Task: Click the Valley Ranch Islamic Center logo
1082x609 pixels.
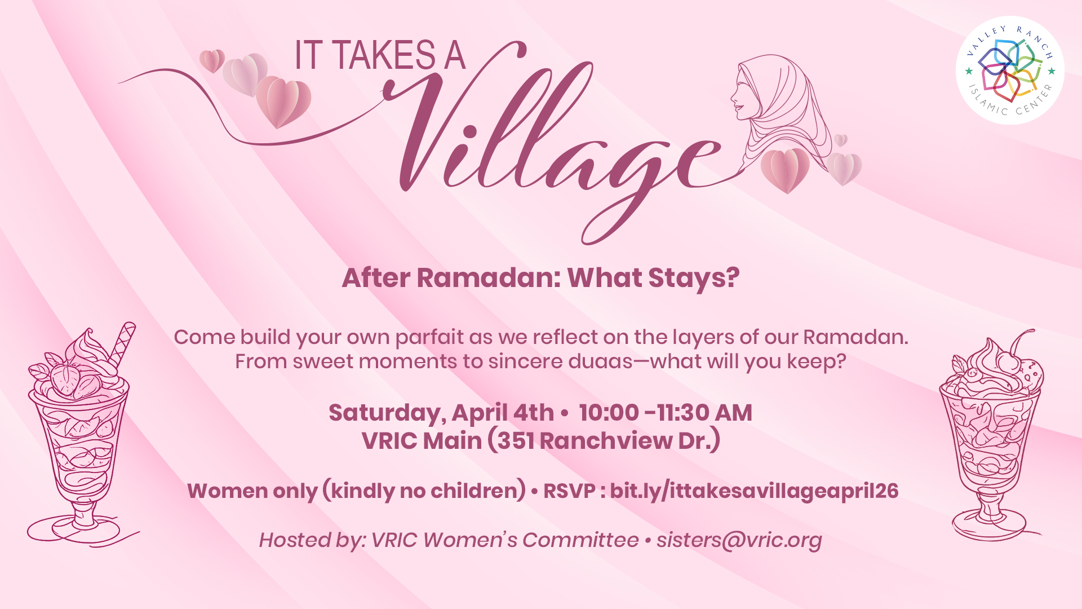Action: [1010, 70]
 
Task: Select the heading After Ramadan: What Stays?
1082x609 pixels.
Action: [540, 278]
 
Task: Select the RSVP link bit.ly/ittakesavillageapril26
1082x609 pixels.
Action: [754, 491]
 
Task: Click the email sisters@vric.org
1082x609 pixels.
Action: [739, 540]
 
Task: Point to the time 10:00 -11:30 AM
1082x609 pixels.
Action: [665, 413]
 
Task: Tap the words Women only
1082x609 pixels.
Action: [252, 492]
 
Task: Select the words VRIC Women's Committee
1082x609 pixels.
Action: [505, 540]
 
